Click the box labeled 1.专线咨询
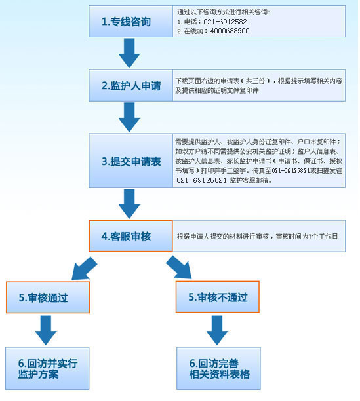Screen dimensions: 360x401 click(x=130, y=22)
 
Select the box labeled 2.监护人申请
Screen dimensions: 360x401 click(x=130, y=85)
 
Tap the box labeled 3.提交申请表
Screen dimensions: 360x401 click(x=130, y=161)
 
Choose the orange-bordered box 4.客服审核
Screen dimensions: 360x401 click(x=130, y=236)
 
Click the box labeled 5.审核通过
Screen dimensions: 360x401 click(x=48, y=297)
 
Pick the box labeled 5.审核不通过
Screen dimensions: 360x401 click(x=218, y=297)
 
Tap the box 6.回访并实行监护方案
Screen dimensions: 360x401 click(x=47, y=368)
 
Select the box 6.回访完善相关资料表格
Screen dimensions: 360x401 click(x=218, y=368)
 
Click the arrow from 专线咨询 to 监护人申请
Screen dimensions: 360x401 click(x=129, y=53)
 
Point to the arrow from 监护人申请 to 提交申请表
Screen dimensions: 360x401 click(x=129, y=117)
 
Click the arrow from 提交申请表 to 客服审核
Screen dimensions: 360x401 click(x=129, y=204)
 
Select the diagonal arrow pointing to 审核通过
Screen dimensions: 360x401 click(x=84, y=269)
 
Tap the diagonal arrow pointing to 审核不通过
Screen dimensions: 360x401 click(x=180, y=267)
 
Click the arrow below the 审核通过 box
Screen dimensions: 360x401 click(x=46, y=330)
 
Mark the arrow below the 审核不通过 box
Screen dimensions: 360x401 click(x=217, y=330)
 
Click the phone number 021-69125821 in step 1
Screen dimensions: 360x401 click(x=227, y=22)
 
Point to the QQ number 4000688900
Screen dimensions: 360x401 click(x=230, y=31)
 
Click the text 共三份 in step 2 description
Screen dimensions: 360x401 click(x=255, y=81)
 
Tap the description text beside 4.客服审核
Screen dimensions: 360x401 click(x=257, y=237)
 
